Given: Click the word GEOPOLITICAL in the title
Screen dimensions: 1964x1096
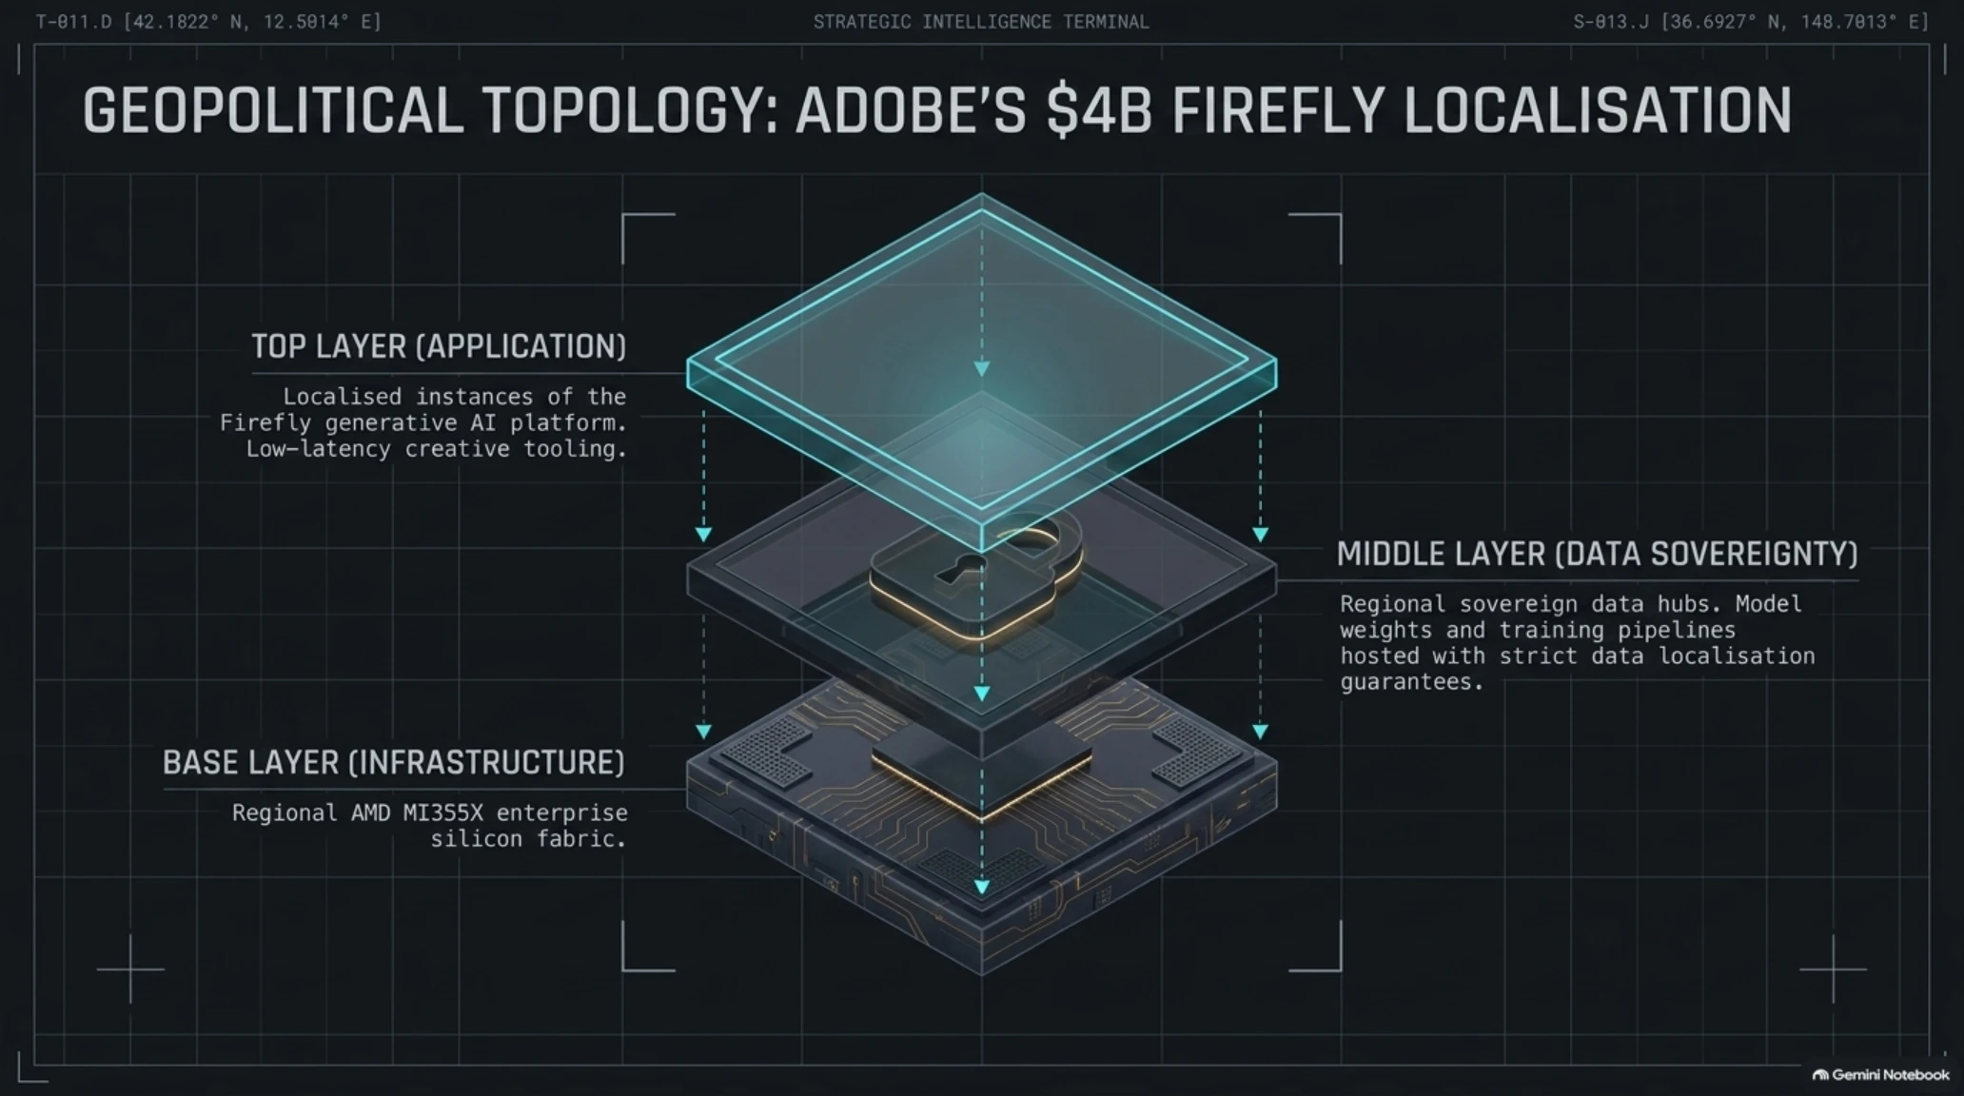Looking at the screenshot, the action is [x=273, y=110].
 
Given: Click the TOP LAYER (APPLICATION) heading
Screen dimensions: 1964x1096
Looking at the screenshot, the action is [x=439, y=346].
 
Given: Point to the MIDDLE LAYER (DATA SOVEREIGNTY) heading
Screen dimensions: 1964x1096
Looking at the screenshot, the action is [x=1597, y=554].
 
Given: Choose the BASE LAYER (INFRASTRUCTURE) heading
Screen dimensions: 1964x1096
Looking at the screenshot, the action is [x=393, y=763].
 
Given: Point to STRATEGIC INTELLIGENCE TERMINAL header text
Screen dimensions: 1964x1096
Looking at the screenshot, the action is [x=981, y=22].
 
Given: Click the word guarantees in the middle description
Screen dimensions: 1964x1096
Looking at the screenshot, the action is [x=1412, y=682].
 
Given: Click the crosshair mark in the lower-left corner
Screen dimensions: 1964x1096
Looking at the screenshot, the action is [x=130, y=969].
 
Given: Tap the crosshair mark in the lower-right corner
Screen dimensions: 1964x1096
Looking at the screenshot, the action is [x=1834, y=969].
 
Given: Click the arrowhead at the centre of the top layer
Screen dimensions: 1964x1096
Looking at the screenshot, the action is [x=982, y=368].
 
